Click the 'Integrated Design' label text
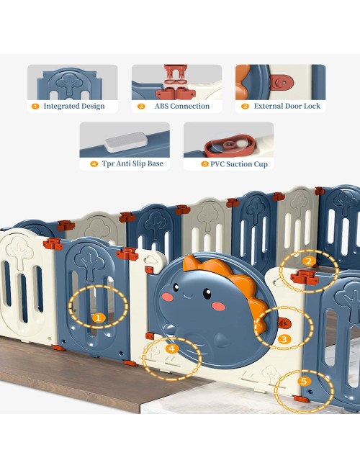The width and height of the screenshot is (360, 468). [74, 106]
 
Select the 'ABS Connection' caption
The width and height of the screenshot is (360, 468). [181, 106]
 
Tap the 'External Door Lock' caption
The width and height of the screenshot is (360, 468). [287, 106]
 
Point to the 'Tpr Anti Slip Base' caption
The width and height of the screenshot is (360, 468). [132, 163]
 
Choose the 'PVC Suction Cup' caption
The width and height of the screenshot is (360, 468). [239, 164]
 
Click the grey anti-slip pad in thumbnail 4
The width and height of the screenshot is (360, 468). [126, 142]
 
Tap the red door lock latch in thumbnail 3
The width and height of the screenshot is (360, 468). [282, 82]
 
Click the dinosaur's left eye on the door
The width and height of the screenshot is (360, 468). [176, 288]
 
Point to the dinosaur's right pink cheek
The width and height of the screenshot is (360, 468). [218, 306]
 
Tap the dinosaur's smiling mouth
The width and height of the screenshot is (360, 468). [189, 297]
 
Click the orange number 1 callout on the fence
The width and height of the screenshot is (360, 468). [98, 318]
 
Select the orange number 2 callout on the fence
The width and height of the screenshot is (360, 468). [309, 261]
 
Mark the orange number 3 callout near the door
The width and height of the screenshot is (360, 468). [284, 339]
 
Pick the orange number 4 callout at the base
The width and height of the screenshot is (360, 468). [172, 348]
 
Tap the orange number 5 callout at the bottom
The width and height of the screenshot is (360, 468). [304, 381]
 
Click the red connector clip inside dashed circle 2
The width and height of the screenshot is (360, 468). [305, 277]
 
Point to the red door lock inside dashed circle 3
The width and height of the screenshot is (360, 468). [284, 323]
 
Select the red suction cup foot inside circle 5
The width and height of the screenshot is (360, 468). [301, 399]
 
